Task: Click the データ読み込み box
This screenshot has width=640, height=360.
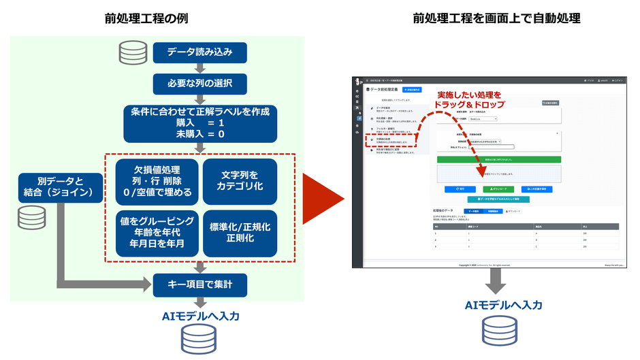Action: tap(197, 52)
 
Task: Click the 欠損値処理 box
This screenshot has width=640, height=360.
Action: tap(157, 181)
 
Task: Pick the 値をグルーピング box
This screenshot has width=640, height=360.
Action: tap(157, 233)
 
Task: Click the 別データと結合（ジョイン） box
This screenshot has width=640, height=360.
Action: tap(60, 188)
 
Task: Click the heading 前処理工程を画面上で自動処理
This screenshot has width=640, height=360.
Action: tap(496, 18)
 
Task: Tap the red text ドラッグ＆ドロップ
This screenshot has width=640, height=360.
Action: tap(470, 105)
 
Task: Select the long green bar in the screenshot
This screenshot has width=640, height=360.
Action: tap(498, 159)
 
